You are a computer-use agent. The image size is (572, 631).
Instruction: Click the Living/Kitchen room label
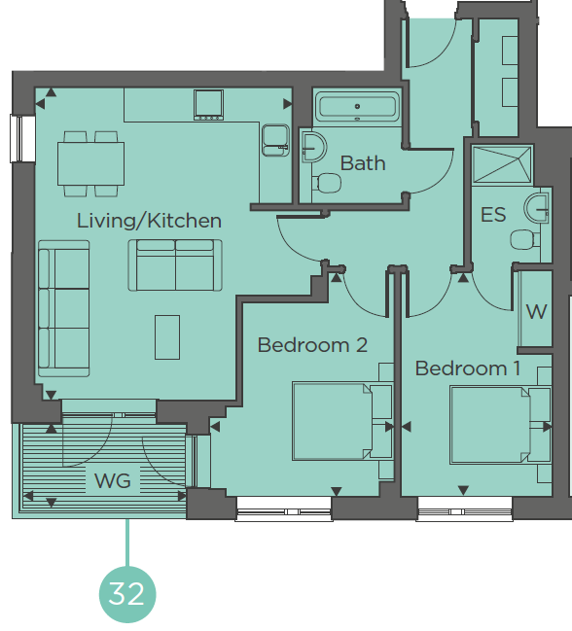coord(149,221)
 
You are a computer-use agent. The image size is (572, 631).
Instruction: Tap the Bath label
coord(363,163)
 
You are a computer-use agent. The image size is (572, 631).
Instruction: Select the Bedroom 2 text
coord(312,345)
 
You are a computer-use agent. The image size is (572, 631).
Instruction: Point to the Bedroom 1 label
coord(467,368)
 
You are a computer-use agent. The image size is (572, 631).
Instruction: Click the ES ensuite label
coord(493,215)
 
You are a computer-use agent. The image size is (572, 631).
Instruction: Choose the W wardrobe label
coord(536,311)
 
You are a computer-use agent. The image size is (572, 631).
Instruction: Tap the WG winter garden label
coord(112,481)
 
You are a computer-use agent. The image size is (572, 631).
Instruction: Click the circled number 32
coord(127,594)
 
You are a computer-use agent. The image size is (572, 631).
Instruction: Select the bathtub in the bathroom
coord(357,107)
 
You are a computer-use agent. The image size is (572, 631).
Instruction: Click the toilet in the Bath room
coord(327,183)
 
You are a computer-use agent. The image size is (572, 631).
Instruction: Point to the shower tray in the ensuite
coord(502,165)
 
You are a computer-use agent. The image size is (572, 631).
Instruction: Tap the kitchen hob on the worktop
coord(208,105)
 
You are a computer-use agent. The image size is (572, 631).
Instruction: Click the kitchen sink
coord(275,140)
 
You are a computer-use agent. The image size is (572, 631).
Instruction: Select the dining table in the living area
coord(91,163)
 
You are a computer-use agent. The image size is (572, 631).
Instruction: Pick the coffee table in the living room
coord(167,337)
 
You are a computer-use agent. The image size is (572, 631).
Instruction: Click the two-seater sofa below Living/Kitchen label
coord(175,265)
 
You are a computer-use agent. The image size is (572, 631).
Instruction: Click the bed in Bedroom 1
coord(490,425)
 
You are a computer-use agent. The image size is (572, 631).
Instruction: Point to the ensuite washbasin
coord(536,207)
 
